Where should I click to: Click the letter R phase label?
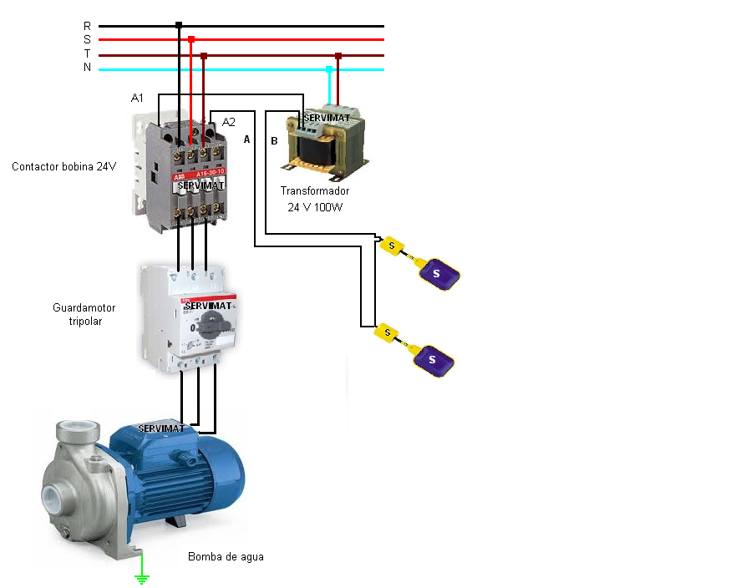(x=87, y=26)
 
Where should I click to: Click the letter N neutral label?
(x=87, y=68)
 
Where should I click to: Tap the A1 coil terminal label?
(x=138, y=98)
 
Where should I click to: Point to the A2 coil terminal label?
(x=228, y=122)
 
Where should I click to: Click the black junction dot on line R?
(x=179, y=25)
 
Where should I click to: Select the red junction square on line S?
(x=191, y=39)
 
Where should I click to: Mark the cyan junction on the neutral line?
(x=330, y=69)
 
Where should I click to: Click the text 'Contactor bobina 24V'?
(x=63, y=166)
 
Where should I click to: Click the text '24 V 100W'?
(x=315, y=206)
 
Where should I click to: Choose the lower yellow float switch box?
(x=386, y=332)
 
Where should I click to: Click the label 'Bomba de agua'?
(x=226, y=556)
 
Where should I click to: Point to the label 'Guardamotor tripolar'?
(x=84, y=314)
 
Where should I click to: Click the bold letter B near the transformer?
(x=274, y=141)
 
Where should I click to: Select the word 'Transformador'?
(x=315, y=191)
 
